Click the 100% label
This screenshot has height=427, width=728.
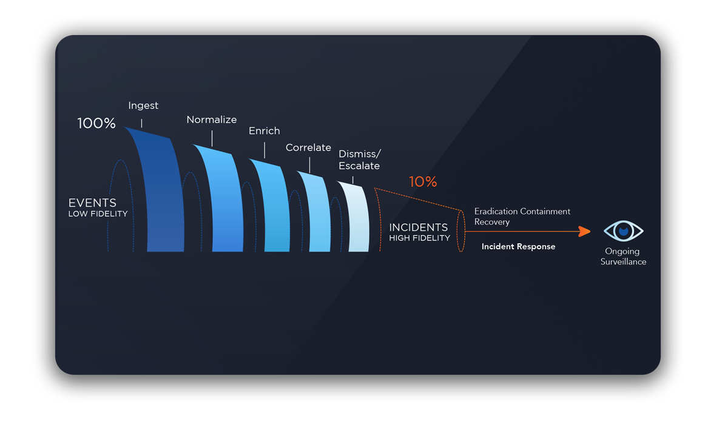point(96,124)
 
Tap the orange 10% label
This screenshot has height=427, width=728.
point(423,181)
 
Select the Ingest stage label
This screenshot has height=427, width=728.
point(143,106)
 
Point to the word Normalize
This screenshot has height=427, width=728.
point(212,119)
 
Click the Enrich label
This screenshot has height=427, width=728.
point(265,130)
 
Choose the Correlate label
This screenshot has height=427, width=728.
point(308,147)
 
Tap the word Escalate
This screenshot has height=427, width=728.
point(359,166)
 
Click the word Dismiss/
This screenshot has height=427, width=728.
point(360,153)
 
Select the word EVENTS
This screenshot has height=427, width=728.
point(92,203)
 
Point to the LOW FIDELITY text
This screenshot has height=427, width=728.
point(98,214)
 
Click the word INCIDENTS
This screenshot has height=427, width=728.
point(419,227)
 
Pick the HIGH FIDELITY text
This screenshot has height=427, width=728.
point(420,238)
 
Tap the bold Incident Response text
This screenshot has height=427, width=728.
point(518,247)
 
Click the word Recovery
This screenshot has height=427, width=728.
point(492,222)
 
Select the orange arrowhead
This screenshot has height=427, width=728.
point(585,231)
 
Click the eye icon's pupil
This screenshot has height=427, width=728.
point(624,231)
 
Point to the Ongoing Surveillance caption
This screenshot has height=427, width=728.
point(624,257)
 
